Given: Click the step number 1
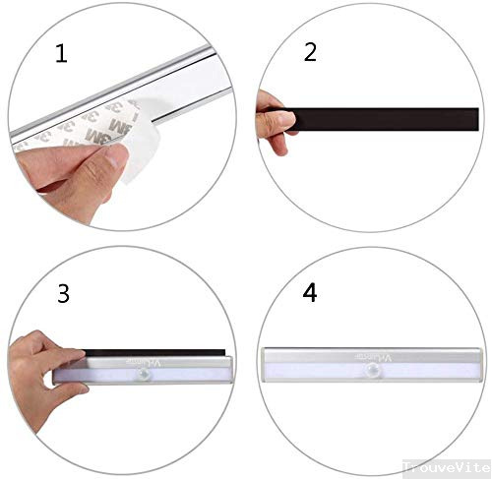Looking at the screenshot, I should [x=61, y=54].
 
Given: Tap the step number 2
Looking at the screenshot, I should [x=310, y=53].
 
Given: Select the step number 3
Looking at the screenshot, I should [x=63, y=293].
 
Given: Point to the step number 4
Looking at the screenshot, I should [x=310, y=293].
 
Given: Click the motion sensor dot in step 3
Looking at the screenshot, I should [x=145, y=376].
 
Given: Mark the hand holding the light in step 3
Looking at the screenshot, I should [x=44, y=364].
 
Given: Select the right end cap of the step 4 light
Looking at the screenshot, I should [x=482, y=368].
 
